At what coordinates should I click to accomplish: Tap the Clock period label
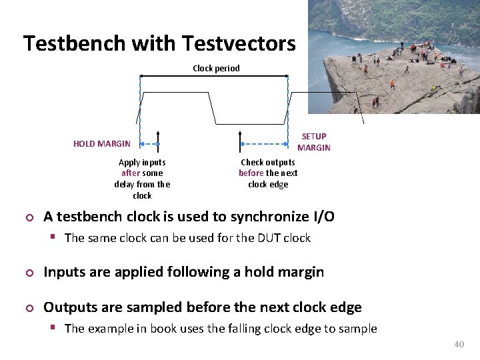(216, 68)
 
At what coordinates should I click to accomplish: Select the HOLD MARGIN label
(102, 143)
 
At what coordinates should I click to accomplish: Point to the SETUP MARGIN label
(313, 142)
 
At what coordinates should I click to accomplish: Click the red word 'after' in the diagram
(131, 173)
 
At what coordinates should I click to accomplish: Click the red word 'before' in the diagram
(251, 173)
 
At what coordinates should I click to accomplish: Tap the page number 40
(458, 344)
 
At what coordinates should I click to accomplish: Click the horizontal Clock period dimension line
(213, 76)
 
